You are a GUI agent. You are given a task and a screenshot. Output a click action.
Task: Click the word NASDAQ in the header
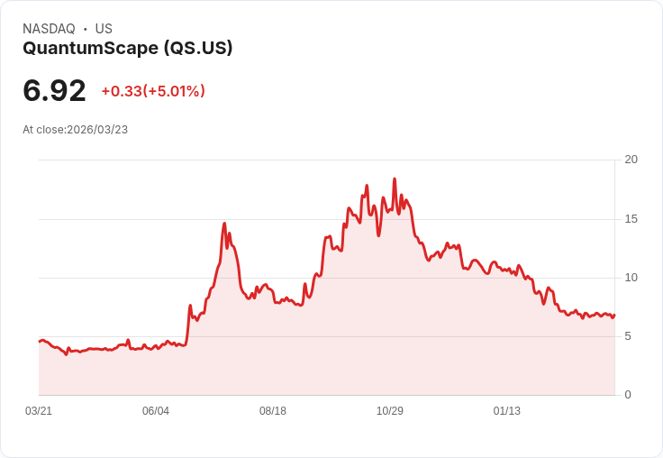(49, 29)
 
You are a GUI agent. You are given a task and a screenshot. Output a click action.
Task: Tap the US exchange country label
(104, 29)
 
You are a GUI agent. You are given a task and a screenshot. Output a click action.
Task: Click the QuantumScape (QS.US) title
(128, 48)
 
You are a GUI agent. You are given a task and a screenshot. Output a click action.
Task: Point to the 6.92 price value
(54, 90)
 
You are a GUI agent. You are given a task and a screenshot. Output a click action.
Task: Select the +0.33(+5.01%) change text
(153, 91)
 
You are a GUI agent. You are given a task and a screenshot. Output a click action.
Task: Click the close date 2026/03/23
(97, 130)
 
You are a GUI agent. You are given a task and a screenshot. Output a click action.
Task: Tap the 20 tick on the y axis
(631, 160)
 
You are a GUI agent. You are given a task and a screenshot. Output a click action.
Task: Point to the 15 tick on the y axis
(631, 219)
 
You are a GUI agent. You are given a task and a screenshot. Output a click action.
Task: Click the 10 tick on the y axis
(631, 278)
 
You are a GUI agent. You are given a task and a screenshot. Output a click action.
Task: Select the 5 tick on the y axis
(629, 336)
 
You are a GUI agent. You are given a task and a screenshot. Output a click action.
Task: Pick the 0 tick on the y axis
(629, 395)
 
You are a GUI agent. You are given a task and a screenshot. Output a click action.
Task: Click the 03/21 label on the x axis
(39, 411)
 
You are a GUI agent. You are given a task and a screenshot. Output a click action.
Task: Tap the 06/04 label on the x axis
(156, 411)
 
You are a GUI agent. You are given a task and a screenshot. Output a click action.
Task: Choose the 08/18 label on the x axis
(273, 411)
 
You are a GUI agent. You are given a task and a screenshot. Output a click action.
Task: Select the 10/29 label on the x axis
(390, 411)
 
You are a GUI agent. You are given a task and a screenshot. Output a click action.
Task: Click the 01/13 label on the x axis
(507, 411)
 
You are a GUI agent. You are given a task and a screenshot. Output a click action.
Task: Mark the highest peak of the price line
(395, 179)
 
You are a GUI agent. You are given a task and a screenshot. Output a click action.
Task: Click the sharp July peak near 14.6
(224, 224)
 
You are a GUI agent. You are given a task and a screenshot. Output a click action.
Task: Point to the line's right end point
(614, 315)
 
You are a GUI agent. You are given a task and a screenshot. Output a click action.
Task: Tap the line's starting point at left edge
(39, 342)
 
